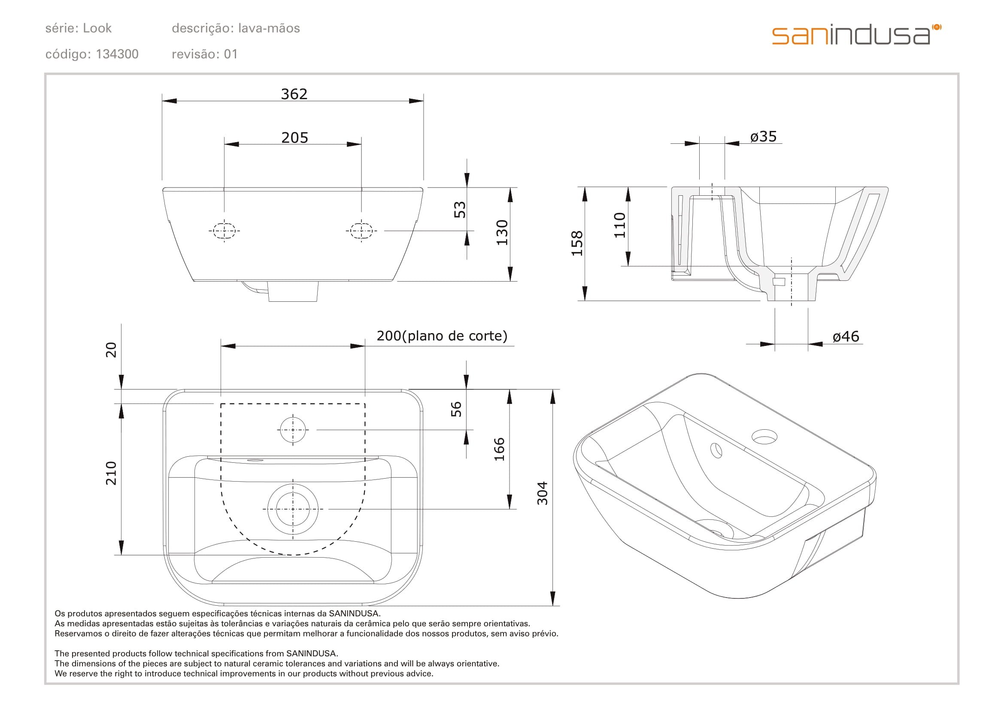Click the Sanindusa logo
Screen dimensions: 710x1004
tap(856, 35)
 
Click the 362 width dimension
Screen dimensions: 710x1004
tap(294, 94)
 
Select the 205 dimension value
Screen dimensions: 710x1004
tap(295, 138)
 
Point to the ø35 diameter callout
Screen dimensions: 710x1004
tap(764, 137)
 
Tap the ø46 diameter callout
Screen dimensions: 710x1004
tap(846, 337)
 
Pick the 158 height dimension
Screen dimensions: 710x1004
tap(577, 243)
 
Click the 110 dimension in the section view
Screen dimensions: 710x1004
tap(620, 225)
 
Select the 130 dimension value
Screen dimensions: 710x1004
tap(502, 233)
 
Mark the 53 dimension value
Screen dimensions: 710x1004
tap(460, 210)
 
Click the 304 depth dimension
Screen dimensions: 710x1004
tap(542, 493)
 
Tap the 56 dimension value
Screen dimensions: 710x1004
tap(456, 409)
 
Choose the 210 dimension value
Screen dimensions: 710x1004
tap(111, 473)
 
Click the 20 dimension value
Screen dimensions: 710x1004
tap(111, 350)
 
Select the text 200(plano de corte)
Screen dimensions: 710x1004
tap(442, 336)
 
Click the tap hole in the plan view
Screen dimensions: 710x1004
tap(293, 430)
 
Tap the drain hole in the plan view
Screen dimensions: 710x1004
tap(293, 509)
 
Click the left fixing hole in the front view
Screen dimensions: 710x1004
tap(224, 230)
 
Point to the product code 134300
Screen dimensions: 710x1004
tap(117, 54)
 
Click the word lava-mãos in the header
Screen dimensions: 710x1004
tap(269, 28)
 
